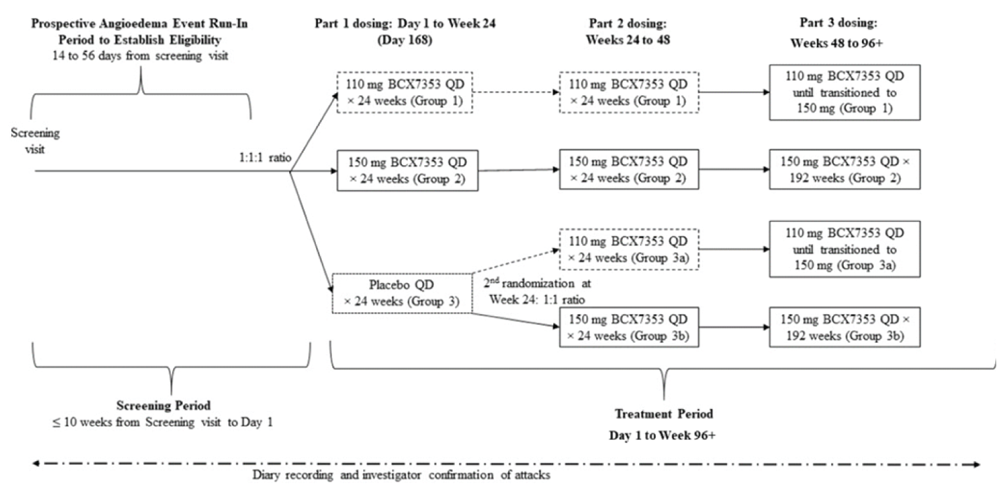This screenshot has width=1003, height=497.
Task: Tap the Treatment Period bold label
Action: point(663,414)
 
